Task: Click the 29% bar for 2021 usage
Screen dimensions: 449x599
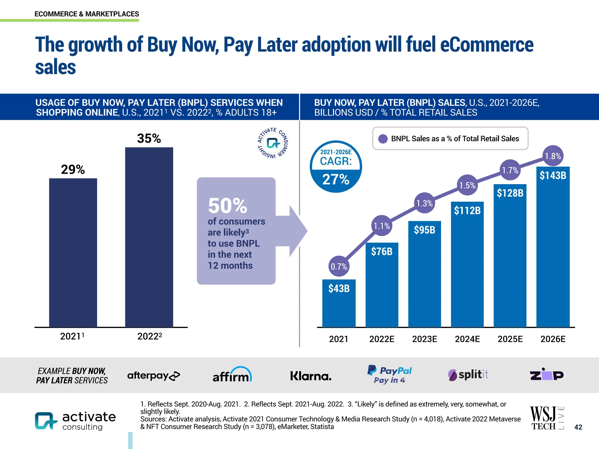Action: [73, 253]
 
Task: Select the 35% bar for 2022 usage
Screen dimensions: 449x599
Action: [149, 237]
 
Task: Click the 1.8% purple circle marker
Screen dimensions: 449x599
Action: [553, 156]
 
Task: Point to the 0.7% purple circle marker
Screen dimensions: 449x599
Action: [339, 266]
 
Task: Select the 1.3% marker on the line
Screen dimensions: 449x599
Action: [424, 203]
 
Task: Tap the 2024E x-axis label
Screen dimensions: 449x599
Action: [467, 339]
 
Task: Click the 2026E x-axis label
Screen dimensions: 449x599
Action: [553, 339]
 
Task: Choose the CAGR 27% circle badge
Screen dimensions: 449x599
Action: [336, 167]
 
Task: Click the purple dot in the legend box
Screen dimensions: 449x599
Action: [383, 139]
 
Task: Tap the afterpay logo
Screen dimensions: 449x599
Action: [154, 376]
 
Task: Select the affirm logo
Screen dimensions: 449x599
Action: [232, 375]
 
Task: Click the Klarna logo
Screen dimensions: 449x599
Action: [311, 376]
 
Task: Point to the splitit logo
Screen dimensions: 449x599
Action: [468, 375]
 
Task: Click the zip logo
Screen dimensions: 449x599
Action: [547, 374]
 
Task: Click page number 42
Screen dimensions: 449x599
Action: [578, 427]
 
